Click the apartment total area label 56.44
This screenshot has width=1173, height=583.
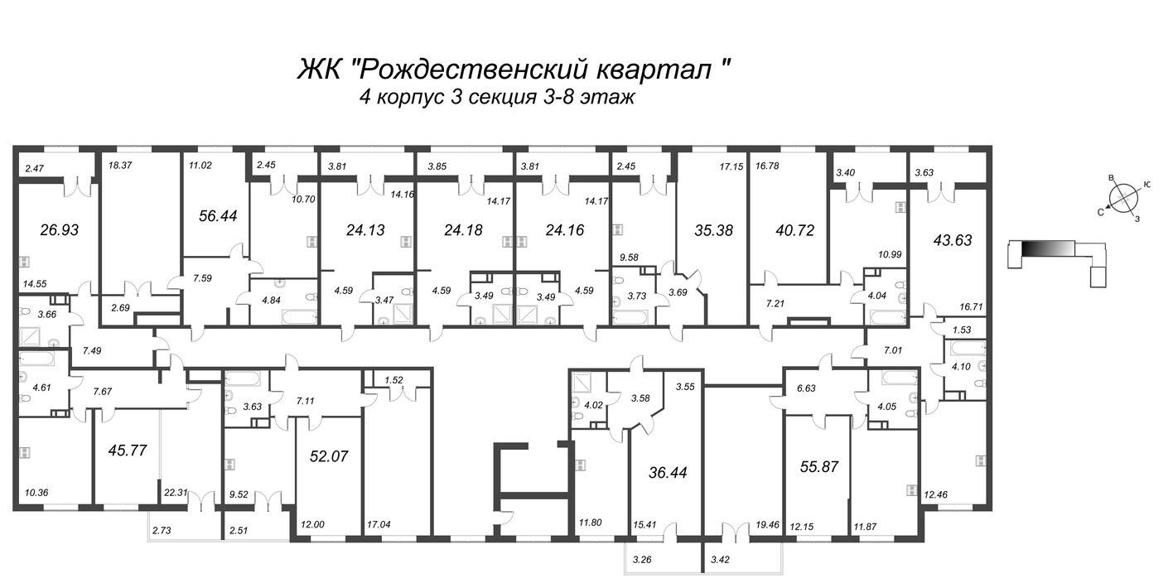[x=219, y=214]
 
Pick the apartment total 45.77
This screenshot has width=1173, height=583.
[x=128, y=451]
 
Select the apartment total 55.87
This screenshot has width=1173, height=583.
[x=820, y=466]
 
